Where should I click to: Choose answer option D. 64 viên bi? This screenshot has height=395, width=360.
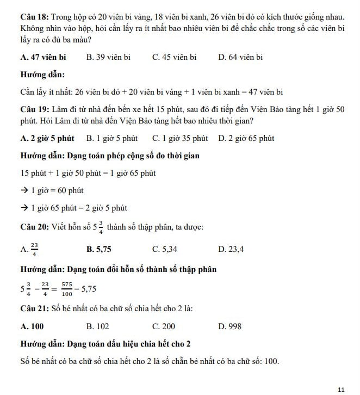[x=240, y=57]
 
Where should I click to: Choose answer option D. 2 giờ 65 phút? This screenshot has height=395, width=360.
[x=246, y=138]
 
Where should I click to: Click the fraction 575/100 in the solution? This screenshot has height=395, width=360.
[x=67, y=288]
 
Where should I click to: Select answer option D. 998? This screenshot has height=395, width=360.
[x=229, y=326]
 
